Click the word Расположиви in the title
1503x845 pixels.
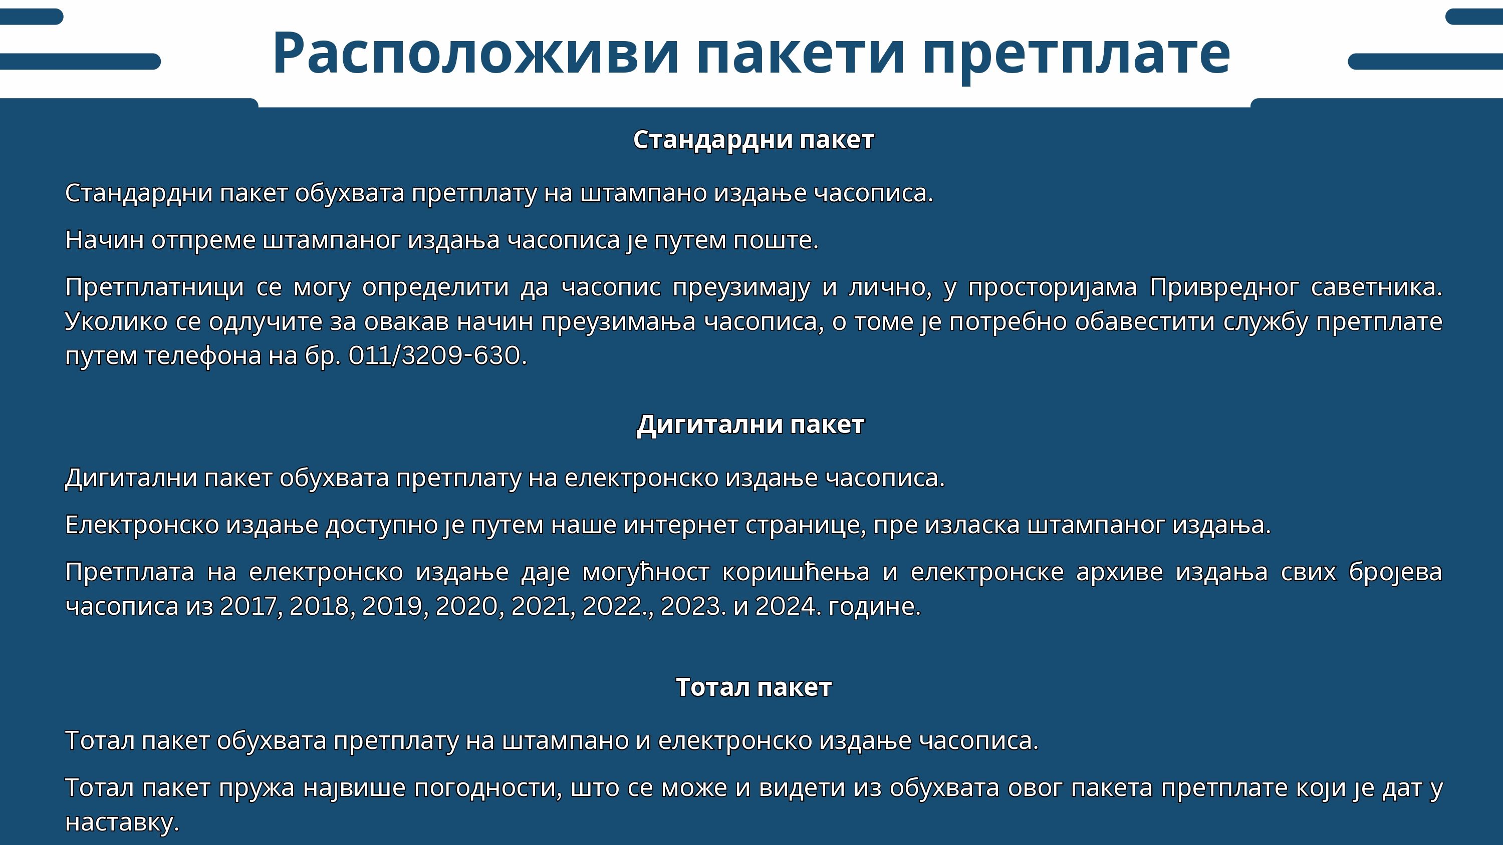pyautogui.click(x=475, y=53)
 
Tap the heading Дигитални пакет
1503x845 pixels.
pyautogui.click(x=750, y=425)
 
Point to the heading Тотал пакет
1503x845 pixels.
pyautogui.click(x=753, y=687)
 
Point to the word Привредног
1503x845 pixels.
pyautogui.click(x=1224, y=287)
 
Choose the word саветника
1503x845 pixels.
pyautogui.click(x=1376, y=287)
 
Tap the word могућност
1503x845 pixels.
pyautogui.click(x=646, y=572)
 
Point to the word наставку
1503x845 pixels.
pyautogui.click(x=122, y=823)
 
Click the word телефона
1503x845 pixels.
pyautogui.click(x=203, y=356)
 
